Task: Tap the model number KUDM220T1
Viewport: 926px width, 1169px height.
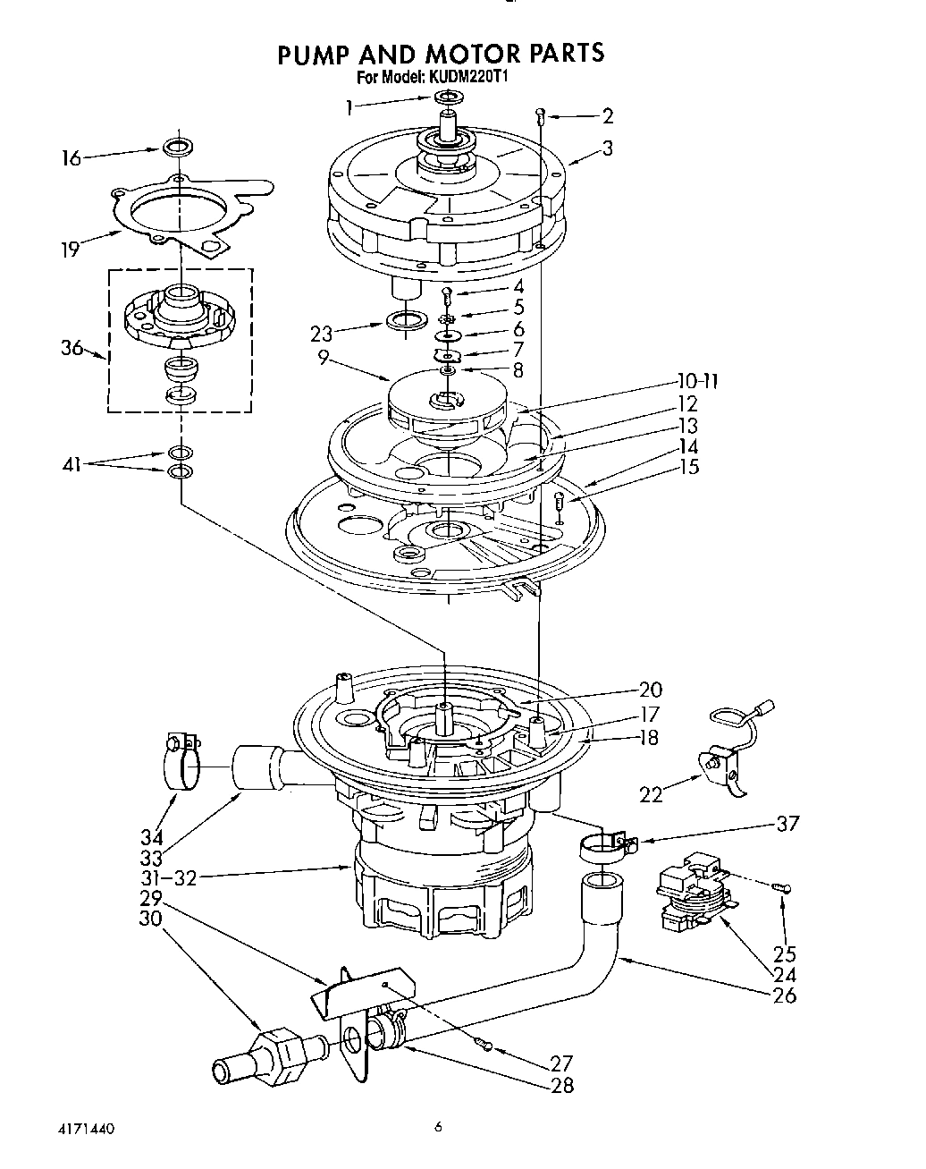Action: click(x=473, y=78)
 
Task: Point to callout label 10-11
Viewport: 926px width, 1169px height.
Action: click(x=696, y=382)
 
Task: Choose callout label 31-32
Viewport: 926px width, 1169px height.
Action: click(x=169, y=877)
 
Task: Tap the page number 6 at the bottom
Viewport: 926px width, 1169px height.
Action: click(x=439, y=1128)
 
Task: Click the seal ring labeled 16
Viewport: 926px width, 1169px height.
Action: click(x=178, y=146)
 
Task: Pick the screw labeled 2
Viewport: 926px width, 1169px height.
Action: click(x=541, y=114)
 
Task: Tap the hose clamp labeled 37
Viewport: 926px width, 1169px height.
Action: click(x=604, y=844)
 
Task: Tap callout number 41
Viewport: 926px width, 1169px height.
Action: click(x=75, y=464)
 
